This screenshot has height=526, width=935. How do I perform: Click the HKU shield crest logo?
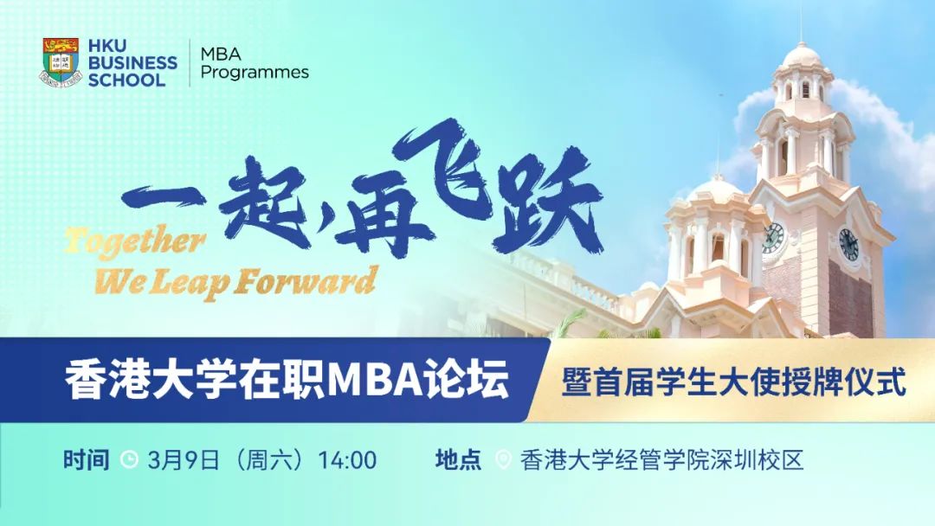[59, 61]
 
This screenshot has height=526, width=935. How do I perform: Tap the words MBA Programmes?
[254, 63]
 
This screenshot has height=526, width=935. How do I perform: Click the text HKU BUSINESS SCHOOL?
[132, 62]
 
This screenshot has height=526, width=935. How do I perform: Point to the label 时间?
[86, 459]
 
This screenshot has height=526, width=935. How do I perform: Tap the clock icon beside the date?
[129, 459]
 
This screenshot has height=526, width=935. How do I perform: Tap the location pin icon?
[502, 459]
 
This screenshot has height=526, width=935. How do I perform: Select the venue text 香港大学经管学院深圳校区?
[662, 459]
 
